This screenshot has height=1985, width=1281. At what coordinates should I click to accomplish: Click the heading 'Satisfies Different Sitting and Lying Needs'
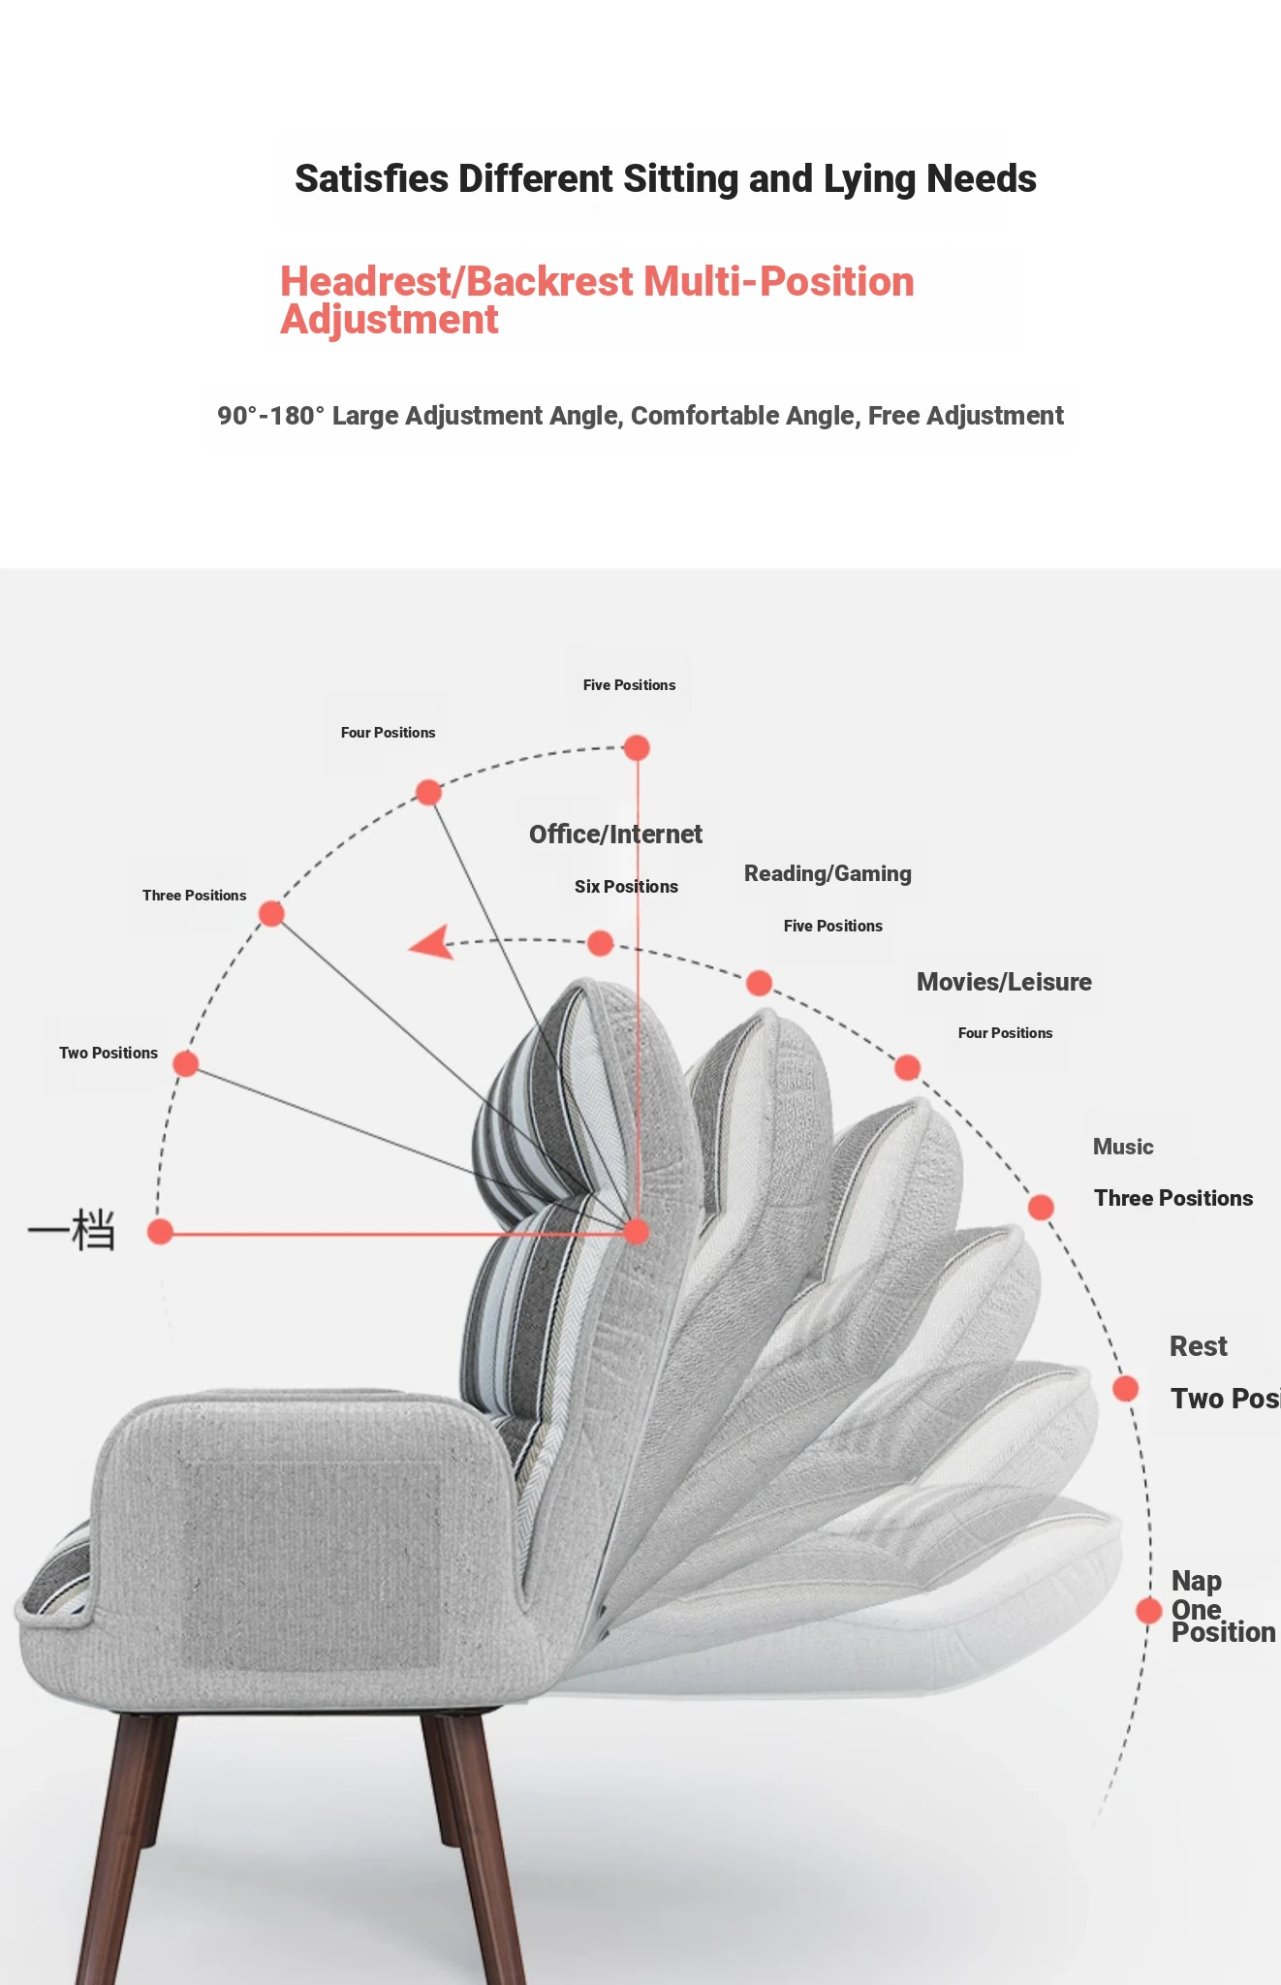point(665,179)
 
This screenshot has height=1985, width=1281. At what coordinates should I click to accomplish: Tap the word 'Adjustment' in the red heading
point(390,320)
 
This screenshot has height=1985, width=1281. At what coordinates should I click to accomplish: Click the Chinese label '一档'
point(72,1231)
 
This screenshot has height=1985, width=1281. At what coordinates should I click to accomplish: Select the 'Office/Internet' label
point(615,835)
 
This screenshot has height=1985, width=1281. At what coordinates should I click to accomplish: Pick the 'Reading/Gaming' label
point(828,874)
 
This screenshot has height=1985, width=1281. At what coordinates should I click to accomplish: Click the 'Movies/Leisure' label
point(1004,983)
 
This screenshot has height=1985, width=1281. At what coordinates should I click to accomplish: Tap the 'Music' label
point(1123,1148)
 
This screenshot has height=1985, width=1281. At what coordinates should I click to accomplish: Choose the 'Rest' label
point(1198,1347)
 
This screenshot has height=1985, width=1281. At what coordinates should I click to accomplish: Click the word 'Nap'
point(1196,1582)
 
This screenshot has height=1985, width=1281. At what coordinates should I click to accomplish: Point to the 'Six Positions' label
point(626,887)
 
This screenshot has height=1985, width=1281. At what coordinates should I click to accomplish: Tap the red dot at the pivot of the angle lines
point(636,1232)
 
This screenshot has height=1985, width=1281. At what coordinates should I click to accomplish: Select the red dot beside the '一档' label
point(160,1232)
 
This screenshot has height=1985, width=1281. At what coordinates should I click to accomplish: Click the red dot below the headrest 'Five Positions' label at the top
point(637,748)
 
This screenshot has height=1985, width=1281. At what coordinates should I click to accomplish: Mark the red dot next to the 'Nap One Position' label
point(1149,1611)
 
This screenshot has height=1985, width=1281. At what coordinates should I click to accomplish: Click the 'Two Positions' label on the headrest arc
point(109,1054)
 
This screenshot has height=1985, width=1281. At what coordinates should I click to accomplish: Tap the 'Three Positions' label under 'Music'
point(1172,1199)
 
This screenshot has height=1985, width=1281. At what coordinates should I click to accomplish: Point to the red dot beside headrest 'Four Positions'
point(428,793)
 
